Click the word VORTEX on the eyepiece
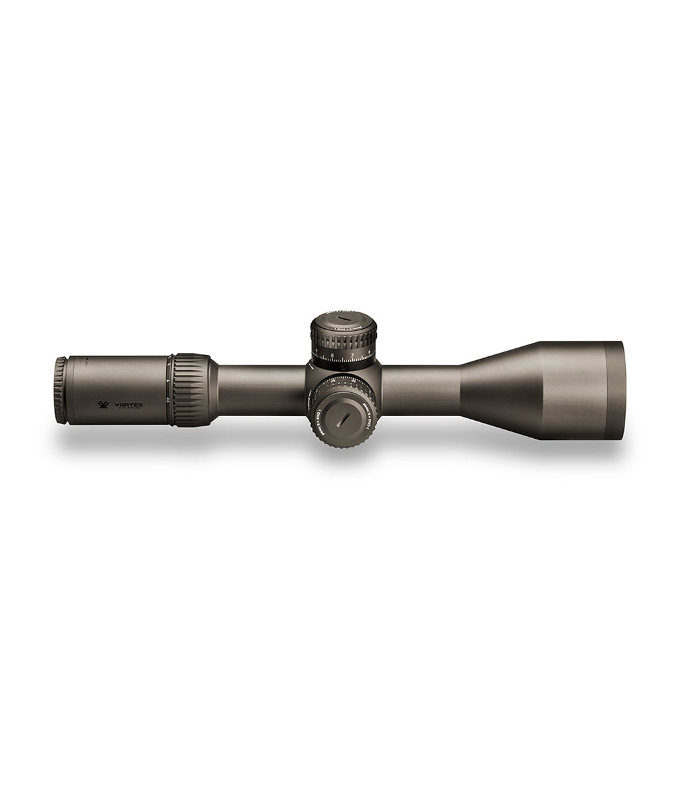tap(129, 404)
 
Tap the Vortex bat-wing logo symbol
tap(103, 404)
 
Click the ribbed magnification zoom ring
tap(192, 390)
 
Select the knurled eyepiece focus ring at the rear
tap(61, 390)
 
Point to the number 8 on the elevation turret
tap(333, 356)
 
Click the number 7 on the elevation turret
tap(352, 356)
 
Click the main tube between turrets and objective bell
tap(419, 390)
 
